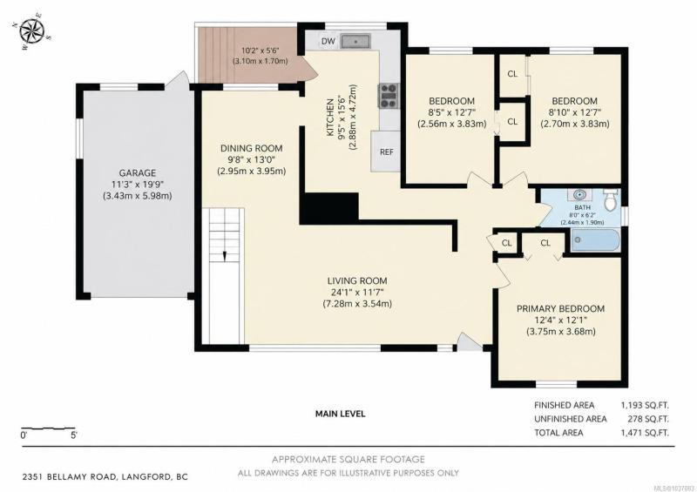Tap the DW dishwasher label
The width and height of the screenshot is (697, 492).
328,41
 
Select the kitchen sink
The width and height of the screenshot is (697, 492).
355,41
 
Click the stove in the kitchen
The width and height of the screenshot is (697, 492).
389,96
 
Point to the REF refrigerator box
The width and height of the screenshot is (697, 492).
386,152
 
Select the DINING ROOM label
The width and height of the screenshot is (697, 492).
252,148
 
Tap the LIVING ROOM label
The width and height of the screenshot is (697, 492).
357,281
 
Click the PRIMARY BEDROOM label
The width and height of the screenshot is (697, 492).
560,308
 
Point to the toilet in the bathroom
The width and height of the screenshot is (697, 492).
611,199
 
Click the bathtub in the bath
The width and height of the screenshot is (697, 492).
595,240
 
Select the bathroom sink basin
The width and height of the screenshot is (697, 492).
579,195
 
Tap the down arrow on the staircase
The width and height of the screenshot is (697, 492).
225,256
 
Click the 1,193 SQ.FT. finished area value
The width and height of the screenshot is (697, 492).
645,405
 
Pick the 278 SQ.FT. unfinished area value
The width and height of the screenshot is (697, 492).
648,419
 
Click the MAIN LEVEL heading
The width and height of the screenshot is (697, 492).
341,414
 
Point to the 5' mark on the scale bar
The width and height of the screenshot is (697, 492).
74,435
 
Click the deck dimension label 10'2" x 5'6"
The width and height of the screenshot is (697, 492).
260,51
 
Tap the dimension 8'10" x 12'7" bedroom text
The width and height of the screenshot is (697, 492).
574,112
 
